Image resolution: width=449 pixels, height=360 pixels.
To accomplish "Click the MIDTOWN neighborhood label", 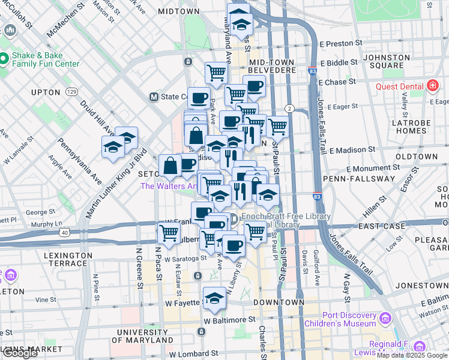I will pos(179,11).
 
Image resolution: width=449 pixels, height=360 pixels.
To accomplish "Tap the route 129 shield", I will pos(72,92).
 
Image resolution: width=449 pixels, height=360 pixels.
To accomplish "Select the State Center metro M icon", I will pos(154,97).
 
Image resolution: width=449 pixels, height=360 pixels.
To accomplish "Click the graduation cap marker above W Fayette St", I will pos(214,298).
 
